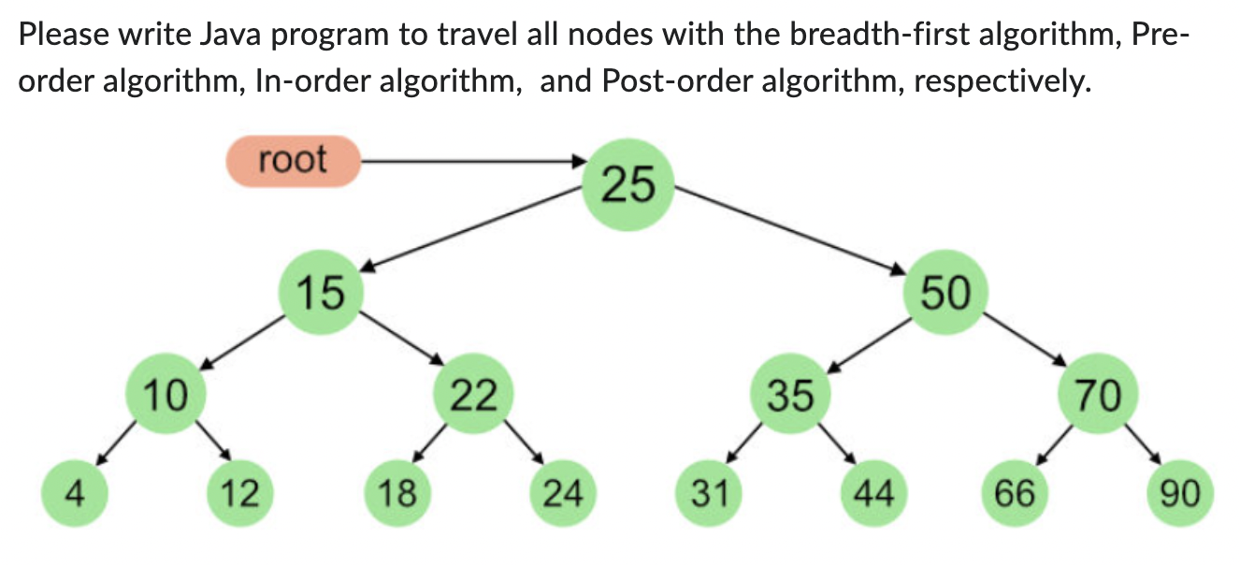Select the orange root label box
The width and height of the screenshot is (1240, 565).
point(293,161)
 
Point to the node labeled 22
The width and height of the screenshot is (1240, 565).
point(473,397)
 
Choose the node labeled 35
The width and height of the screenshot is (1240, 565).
point(791,397)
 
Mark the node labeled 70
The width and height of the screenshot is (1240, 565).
point(1098,397)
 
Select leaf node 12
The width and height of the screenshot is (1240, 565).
point(238,492)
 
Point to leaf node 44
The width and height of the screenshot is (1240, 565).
point(872,492)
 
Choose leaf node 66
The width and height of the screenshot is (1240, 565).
point(1015,492)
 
